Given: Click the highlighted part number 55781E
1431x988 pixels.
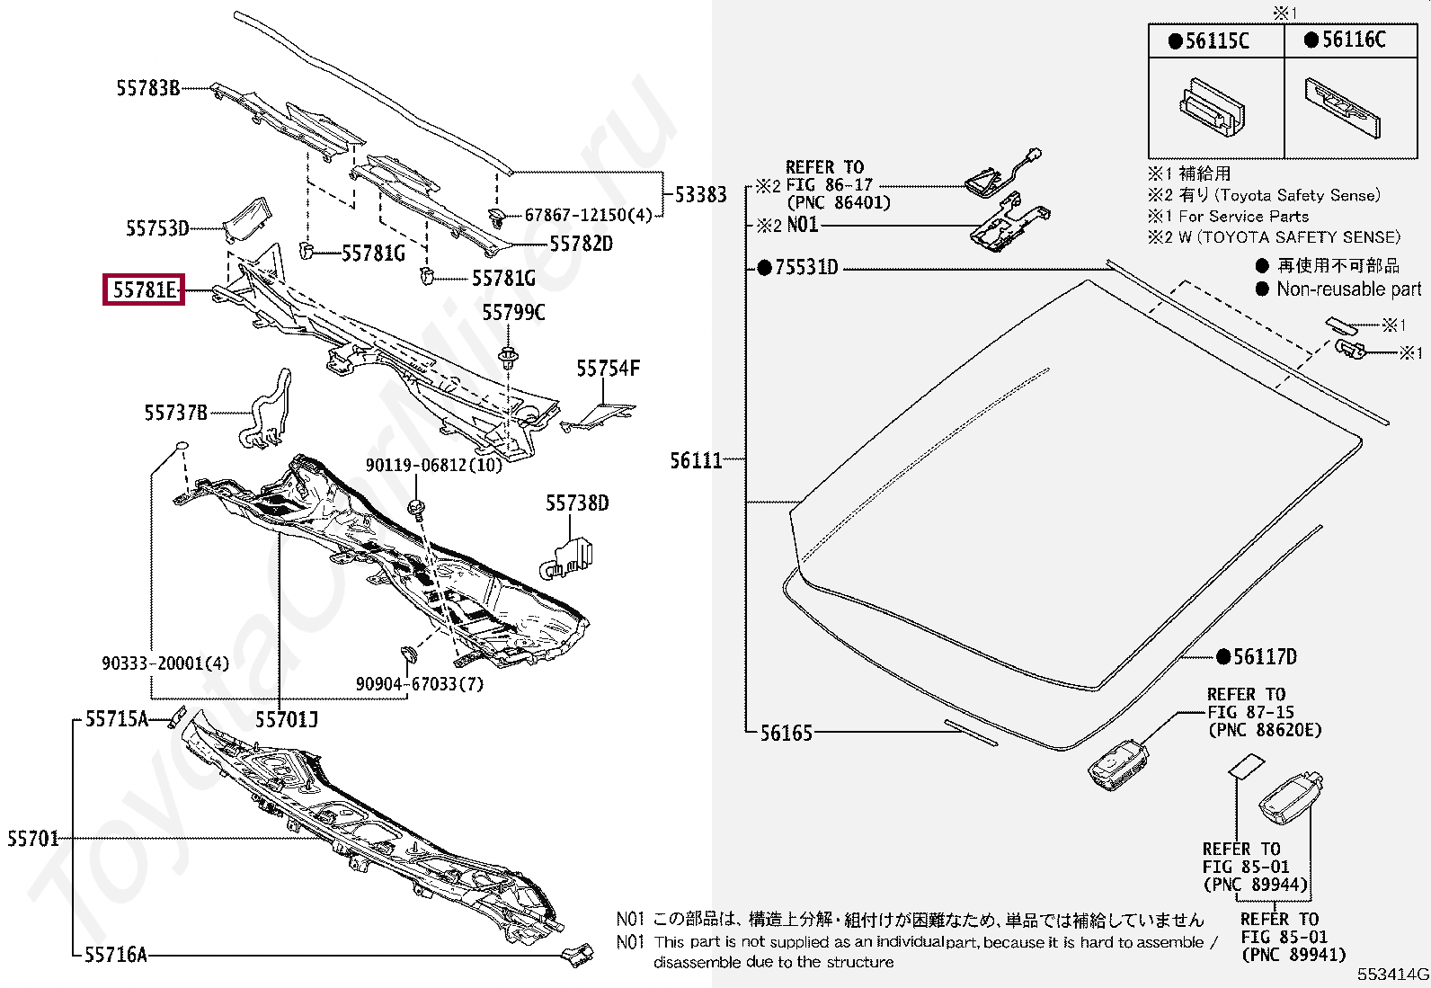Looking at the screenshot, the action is click(x=144, y=290).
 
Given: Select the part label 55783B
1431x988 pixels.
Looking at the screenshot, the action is click(x=148, y=88).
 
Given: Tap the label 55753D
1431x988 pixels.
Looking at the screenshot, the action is click(x=157, y=228).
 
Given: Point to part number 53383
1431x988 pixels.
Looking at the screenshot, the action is click(x=701, y=194).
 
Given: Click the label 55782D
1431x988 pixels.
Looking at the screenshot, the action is click(x=582, y=244).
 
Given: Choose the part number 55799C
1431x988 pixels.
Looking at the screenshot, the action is click(x=513, y=313).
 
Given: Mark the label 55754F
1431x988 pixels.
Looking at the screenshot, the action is click(x=609, y=368).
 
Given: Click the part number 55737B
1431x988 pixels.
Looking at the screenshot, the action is click(x=175, y=413).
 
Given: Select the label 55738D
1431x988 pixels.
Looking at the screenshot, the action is click(x=577, y=503).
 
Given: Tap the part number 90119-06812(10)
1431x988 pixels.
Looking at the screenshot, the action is click(x=434, y=465).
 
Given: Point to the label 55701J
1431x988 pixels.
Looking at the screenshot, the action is click(x=287, y=719).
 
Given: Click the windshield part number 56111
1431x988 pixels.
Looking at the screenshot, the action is click(x=696, y=460).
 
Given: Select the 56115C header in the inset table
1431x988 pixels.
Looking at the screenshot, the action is click(x=1209, y=40).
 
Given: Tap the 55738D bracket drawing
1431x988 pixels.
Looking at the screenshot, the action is click(x=566, y=558).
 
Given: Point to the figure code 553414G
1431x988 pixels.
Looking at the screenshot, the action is click(x=1392, y=974).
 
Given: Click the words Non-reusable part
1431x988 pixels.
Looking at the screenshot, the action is click(x=1349, y=289).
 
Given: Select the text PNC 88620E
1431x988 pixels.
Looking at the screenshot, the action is click(x=1265, y=730).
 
